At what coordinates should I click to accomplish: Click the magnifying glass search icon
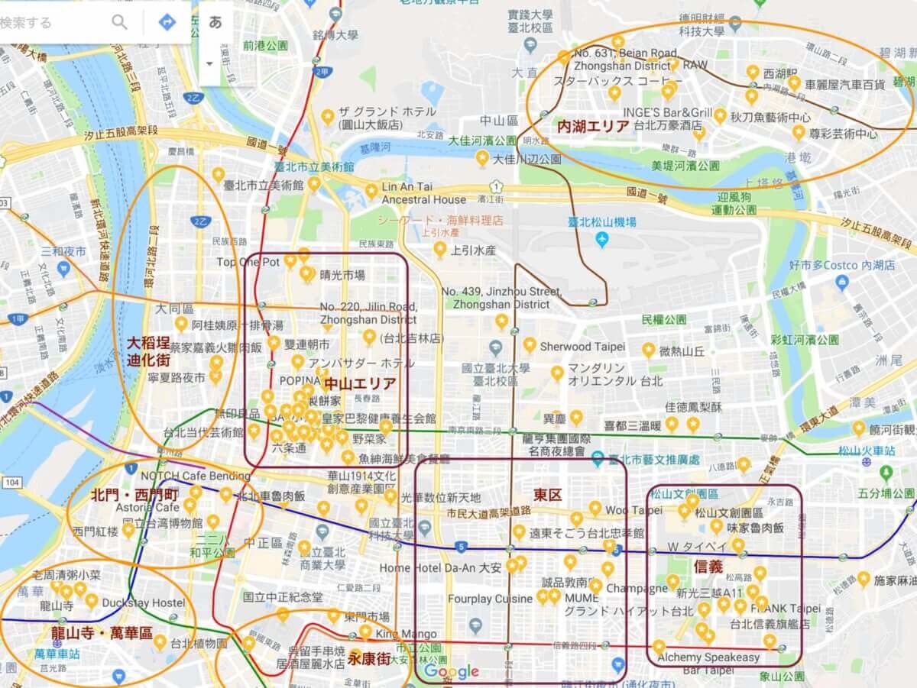(120, 22)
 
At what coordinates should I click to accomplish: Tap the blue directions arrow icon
(167, 22)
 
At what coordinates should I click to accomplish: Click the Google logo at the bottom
(452, 671)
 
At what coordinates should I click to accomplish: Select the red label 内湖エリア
(593, 126)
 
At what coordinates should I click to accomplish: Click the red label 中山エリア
(360, 383)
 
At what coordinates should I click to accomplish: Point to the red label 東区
(547, 495)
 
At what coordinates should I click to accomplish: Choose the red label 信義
(708, 567)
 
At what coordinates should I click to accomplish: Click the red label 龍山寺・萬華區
(102, 633)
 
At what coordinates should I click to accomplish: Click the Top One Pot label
(248, 262)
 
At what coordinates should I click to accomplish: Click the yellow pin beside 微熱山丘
(649, 350)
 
